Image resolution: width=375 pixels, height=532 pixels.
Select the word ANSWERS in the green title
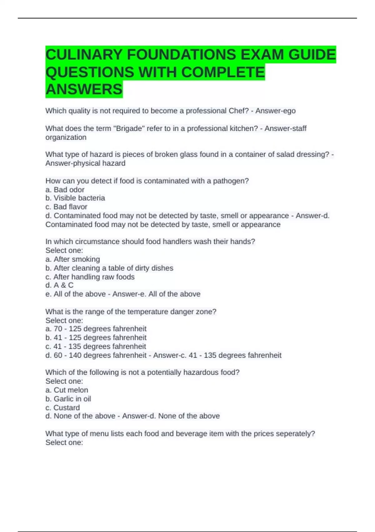pyautogui.click(x=84, y=89)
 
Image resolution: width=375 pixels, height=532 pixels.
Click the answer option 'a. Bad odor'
pyautogui.click(x=65, y=190)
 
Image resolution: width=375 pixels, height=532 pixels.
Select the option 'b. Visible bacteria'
pyautogui.click(x=75, y=198)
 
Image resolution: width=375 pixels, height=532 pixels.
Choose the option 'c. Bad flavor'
pyautogui.click(x=66, y=207)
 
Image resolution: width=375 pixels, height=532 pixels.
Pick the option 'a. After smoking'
pyautogui.click(x=73, y=259)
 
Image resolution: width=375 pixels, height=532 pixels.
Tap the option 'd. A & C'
pyautogui.click(x=59, y=285)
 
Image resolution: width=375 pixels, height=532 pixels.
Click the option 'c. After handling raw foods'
pyautogui.click(x=90, y=277)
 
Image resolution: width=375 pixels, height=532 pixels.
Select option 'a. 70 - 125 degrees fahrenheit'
pyautogui.click(x=96, y=329)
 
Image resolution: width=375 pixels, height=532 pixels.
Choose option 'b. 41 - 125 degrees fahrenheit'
pyautogui.click(x=96, y=337)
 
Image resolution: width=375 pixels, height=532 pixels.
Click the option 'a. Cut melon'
pyautogui.click(x=67, y=390)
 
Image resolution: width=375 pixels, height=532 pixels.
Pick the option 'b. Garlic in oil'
pyautogui.click(x=68, y=399)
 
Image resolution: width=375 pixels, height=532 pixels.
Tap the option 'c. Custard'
pyautogui.click(x=62, y=407)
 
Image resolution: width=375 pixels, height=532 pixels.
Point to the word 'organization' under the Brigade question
pyautogui.click(x=66, y=137)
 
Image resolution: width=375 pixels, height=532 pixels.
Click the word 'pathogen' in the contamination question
pyautogui.click(x=231, y=181)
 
